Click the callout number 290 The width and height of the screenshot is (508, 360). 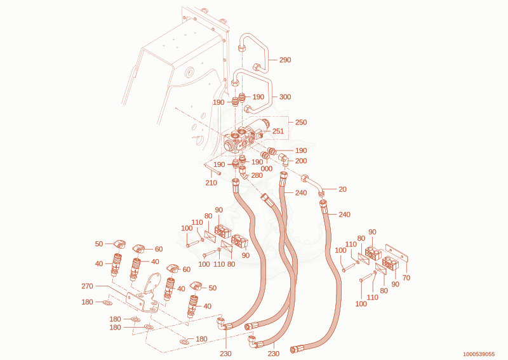(285, 60)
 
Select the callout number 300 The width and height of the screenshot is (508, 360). (285, 97)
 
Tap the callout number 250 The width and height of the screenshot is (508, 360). (301, 123)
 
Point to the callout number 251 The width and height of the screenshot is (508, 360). (278, 131)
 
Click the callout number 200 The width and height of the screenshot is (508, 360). (301, 161)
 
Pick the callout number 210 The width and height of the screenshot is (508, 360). (211, 183)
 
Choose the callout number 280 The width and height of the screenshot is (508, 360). (257, 176)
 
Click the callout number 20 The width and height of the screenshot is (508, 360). (342, 189)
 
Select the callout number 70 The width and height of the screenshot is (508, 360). (406, 277)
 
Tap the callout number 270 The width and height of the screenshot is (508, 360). (87, 286)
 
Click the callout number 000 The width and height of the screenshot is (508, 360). (267, 169)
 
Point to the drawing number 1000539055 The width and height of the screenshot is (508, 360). (479, 354)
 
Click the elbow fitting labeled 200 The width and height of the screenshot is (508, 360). (284, 160)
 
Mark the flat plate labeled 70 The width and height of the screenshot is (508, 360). (396, 253)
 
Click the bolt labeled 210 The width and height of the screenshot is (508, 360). (213, 170)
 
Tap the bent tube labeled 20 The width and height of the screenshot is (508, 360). (313, 185)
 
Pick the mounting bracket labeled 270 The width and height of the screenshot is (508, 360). (142, 297)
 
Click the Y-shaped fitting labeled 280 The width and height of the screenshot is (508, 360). (244, 172)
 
